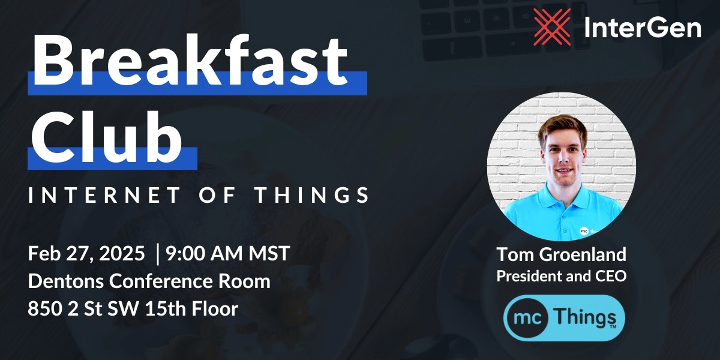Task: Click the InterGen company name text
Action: [643, 28]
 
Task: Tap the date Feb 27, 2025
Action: [86, 254]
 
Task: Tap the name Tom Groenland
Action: [561, 254]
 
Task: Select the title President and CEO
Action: [561, 276]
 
